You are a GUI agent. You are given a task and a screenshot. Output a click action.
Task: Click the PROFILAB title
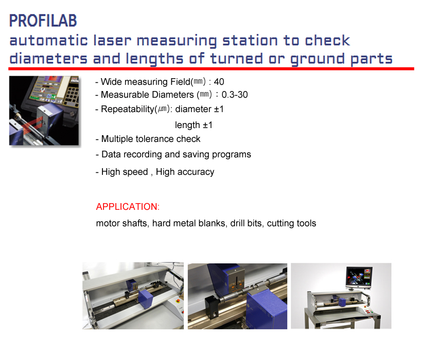pos(43,21)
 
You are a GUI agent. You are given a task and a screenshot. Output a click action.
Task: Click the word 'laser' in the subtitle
pos(112,41)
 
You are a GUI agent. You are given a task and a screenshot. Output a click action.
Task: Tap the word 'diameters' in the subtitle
pos(48,59)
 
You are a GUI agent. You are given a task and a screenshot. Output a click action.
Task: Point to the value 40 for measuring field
pos(219,82)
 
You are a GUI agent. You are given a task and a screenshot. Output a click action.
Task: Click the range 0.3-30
pos(235,95)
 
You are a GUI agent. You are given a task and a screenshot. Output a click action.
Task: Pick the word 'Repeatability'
pos(127,110)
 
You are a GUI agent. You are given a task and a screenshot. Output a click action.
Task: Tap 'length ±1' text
pos(194,125)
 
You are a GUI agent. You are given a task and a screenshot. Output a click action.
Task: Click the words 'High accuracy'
pos(185,172)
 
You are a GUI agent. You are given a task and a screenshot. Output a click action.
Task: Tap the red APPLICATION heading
pos(128,207)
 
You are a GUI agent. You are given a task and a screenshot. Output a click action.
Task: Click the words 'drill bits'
pos(247,223)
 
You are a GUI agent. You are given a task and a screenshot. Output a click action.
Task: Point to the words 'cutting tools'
pos(291,223)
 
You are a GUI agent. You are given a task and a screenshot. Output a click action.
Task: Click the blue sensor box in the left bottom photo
pos(145,298)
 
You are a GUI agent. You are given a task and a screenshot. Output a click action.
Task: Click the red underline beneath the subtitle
pos(212,69)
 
